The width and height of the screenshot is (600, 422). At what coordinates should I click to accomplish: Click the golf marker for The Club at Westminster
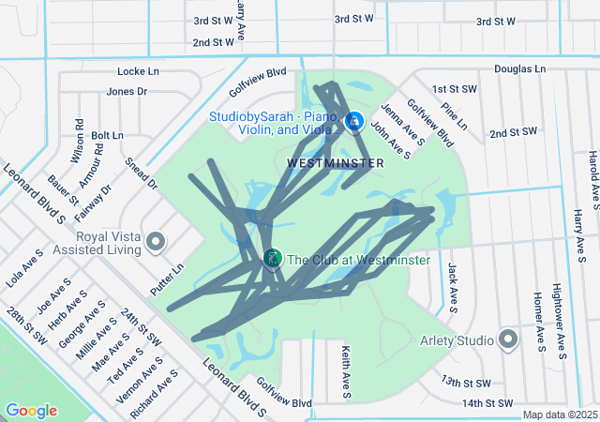coord(273,257)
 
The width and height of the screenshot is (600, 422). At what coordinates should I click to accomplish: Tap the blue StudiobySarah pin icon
coord(354,122)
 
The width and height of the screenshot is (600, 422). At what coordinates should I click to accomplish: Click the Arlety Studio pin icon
coord(509,339)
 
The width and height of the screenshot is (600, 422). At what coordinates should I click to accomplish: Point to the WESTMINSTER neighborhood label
coord(336,163)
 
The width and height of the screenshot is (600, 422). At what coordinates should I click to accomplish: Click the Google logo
coord(31,411)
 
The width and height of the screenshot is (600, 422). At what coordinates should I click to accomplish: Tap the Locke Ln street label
coord(139,71)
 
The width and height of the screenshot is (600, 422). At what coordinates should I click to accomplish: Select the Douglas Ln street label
coord(519,69)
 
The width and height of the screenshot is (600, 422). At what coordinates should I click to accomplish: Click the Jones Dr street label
coord(127,92)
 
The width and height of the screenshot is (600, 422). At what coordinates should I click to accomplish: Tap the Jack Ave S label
coord(452,287)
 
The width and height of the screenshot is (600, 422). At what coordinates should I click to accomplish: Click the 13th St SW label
coord(467,383)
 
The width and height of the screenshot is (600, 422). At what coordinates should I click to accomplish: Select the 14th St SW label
coord(488,403)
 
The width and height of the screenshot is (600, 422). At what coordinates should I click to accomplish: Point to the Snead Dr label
coord(141,174)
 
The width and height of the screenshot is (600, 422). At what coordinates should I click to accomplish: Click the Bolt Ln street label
coord(107,136)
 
